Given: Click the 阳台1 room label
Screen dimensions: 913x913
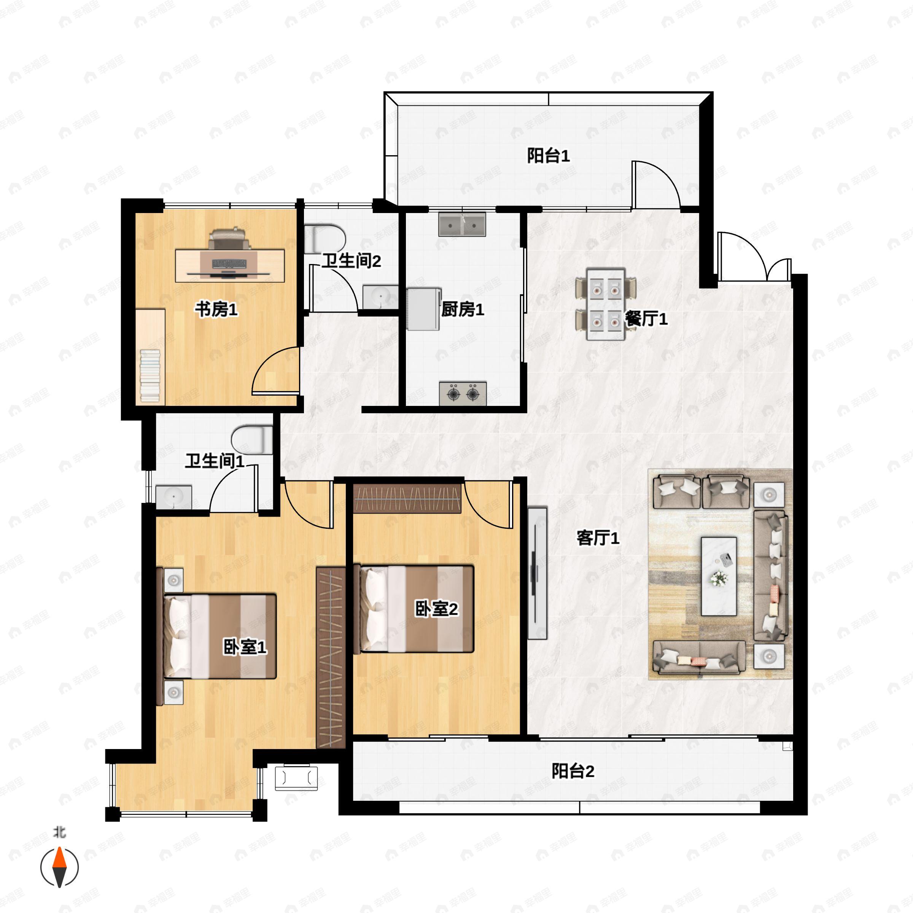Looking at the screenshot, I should point(548,156).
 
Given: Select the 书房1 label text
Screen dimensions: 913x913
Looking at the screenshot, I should point(216,310).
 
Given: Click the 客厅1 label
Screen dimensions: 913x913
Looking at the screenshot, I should point(597,538).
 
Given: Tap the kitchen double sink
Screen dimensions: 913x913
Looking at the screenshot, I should point(462,224).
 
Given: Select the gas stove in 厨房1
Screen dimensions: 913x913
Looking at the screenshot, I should point(463,393).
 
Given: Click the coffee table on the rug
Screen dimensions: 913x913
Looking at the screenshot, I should point(719,576).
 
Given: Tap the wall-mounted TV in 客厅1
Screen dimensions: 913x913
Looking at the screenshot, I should point(537,573).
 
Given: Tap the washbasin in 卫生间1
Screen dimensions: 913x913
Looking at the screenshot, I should point(174,497).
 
